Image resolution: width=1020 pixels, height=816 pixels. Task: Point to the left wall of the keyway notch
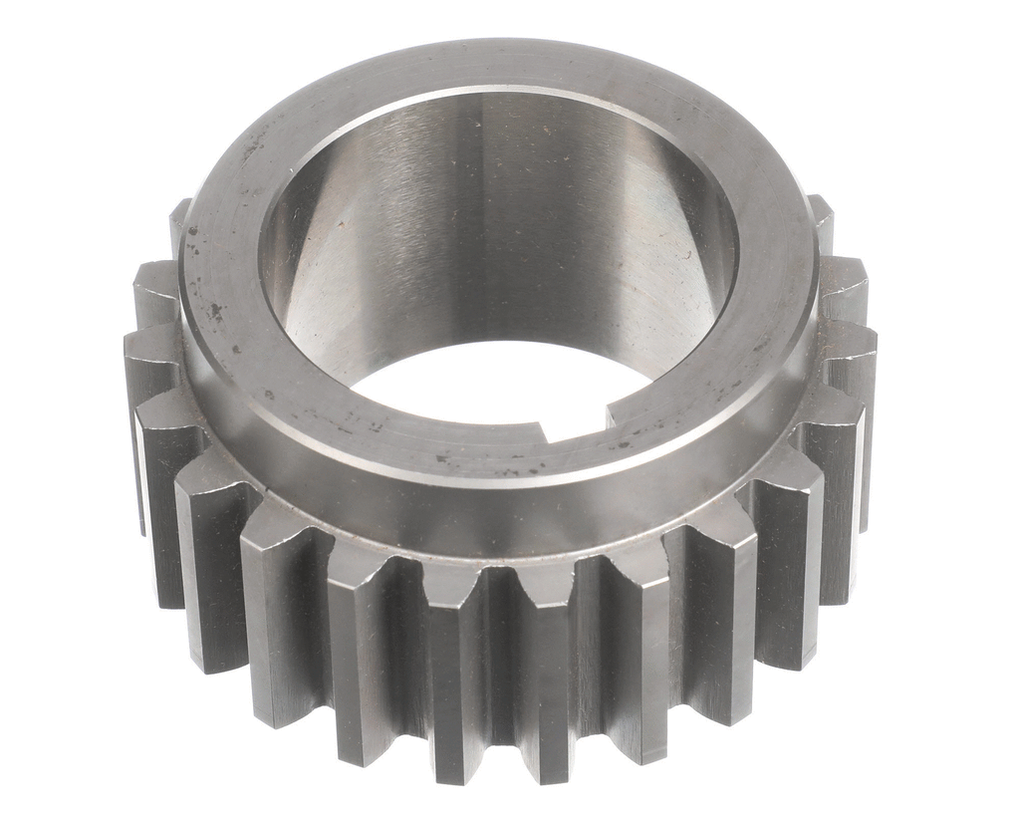545,431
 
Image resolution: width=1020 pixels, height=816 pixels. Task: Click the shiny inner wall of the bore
498,229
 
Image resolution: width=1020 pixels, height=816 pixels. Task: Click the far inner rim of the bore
498,95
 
